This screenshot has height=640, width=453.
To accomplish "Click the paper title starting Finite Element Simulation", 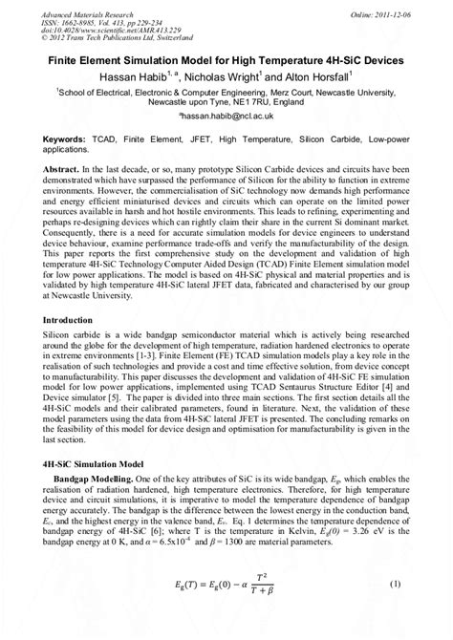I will [x=226, y=59].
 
